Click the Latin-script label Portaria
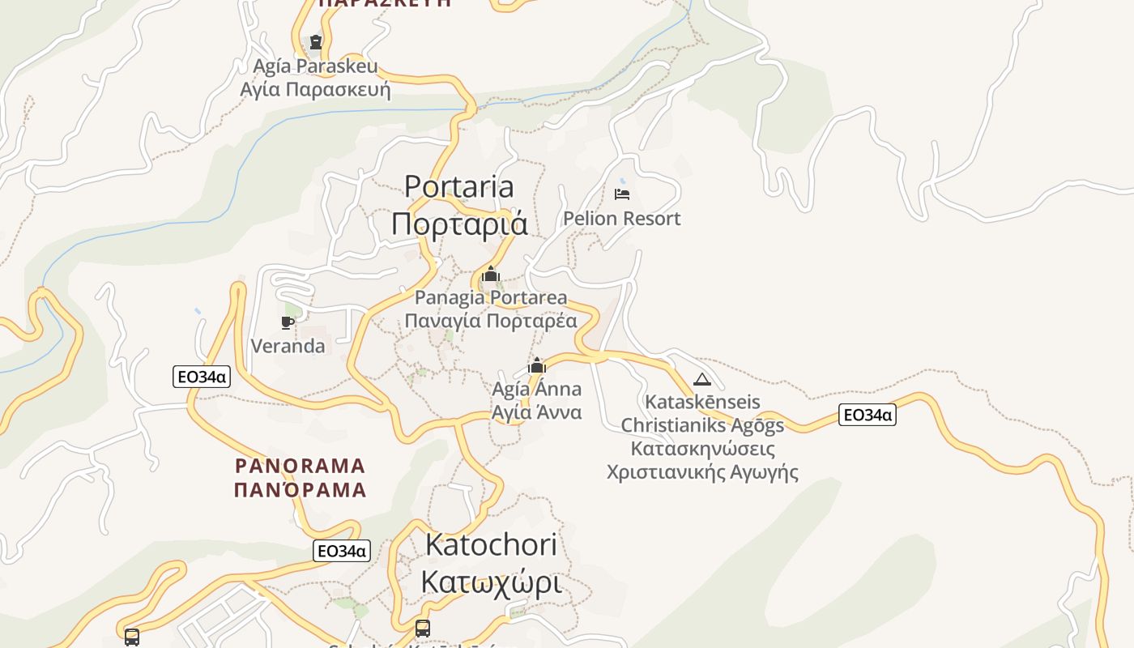[x=458, y=187]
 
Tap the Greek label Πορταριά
[x=458, y=224]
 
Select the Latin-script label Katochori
[x=491, y=544]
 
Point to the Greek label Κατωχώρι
[x=491, y=582]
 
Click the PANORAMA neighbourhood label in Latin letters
[x=301, y=466]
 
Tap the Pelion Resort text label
[x=621, y=219]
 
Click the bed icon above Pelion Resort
[x=621, y=194]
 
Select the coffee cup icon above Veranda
[x=287, y=322]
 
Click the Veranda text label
[x=288, y=347]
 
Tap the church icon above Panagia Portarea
[x=490, y=275]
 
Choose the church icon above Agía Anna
[x=536, y=365]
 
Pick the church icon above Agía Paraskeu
[x=316, y=41]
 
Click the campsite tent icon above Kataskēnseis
[x=701, y=379]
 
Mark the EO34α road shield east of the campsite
[x=867, y=416]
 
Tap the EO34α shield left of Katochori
[x=342, y=551]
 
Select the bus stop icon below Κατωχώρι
[x=422, y=628]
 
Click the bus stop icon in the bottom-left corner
[x=132, y=637]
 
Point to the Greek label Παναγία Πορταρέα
[x=491, y=321]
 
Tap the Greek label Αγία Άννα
[x=536, y=412]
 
